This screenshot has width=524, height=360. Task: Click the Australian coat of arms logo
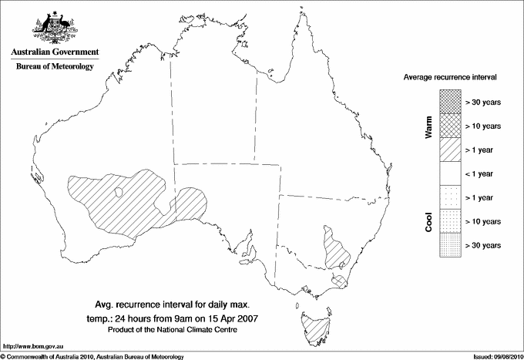point(53,28)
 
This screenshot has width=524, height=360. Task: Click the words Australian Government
point(54,52)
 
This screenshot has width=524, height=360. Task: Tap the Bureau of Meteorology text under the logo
point(54,67)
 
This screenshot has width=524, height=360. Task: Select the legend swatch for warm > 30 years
point(449,101)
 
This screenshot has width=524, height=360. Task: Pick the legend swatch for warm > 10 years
point(449,125)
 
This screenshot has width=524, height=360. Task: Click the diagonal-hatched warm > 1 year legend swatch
point(449,149)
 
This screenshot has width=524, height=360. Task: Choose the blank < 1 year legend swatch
point(449,173)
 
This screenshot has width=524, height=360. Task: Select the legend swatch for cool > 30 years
point(449,244)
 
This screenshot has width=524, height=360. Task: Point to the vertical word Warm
point(429,126)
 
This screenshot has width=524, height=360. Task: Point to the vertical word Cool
point(429,221)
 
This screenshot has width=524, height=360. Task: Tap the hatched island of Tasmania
point(313,328)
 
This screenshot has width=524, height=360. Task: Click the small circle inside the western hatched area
point(118,193)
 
